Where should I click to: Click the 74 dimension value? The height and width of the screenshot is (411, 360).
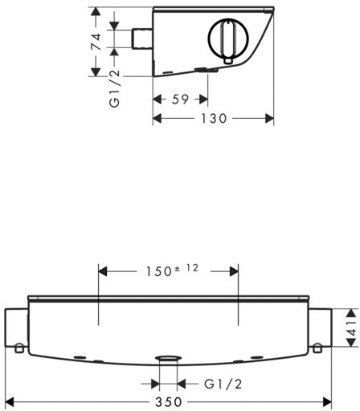(96, 42)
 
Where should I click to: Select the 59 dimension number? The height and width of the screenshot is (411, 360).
(180, 100)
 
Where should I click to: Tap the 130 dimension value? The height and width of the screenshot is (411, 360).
(214, 118)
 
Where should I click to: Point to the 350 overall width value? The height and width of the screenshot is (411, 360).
(169, 402)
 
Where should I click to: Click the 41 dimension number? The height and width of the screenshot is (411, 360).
(352, 328)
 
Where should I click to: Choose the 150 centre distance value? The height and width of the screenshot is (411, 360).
(158, 272)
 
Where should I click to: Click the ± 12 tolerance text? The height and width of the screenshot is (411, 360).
(186, 268)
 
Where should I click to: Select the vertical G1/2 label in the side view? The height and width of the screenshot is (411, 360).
(115, 88)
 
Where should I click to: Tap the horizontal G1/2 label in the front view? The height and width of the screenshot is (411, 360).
(223, 385)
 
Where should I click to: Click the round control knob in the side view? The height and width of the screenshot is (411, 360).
(228, 39)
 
